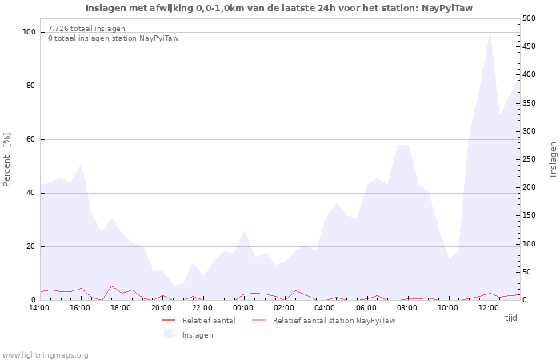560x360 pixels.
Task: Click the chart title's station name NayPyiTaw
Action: [x=447, y=8]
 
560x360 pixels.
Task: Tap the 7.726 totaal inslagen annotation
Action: [x=86, y=29]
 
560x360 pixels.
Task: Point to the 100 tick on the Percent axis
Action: [x=30, y=32]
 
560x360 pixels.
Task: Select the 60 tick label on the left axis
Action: [x=31, y=139]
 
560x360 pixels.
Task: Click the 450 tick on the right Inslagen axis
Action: [x=529, y=46]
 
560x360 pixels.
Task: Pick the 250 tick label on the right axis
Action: [x=529, y=159]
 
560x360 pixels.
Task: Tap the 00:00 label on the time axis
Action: [x=243, y=308]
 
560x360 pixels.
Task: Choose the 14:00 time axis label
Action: [x=39, y=308]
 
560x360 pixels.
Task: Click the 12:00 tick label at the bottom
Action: [x=489, y=308]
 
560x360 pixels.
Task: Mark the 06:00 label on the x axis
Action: [x=366, y=308]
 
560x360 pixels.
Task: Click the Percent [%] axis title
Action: [x=6, y=160]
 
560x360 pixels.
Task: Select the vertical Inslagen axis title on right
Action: [x=553, y=160]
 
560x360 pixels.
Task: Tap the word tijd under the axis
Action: [x=510, y=318]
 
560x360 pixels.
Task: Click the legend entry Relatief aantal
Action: [x=209, y=321]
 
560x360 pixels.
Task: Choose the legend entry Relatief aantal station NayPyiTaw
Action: [x=334, y=321]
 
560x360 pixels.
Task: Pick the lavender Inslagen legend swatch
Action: [x=168, y=334]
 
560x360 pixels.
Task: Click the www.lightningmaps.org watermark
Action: [x=45, y=355]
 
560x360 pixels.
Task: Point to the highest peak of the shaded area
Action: [x=490, y=33]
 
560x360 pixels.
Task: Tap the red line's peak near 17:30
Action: [x=112, y=286]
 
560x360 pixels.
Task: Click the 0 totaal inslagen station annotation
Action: [x=114, y=38]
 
